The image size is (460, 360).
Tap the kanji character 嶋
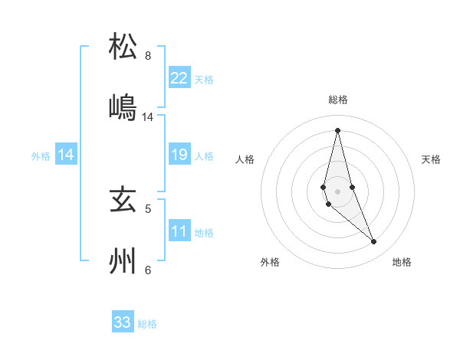coord(123,107)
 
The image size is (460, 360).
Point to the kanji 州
coord(123,261)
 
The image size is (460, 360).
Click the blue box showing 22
coord(179,78)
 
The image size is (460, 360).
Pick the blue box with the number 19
coord(179,155)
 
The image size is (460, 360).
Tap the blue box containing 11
coord(179,232)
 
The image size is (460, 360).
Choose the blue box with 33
coord(123,322)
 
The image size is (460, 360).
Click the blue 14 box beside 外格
coord(66,155)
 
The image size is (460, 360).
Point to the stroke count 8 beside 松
coord(147,56)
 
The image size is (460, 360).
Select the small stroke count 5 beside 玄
coord(147,208)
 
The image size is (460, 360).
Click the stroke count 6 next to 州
coord(147,270)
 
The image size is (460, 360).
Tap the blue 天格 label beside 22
coord(204,79)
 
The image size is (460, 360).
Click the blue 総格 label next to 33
coord(147,324)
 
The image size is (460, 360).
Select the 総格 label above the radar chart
coord(337,100)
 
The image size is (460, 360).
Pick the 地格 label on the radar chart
coord(402,263)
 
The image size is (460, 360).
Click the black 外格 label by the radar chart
coord(270,263)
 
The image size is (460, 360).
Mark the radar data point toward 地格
coord(374,242)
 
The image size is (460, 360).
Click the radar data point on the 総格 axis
coord(337,129)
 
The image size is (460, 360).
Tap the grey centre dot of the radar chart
coord(337,191)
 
